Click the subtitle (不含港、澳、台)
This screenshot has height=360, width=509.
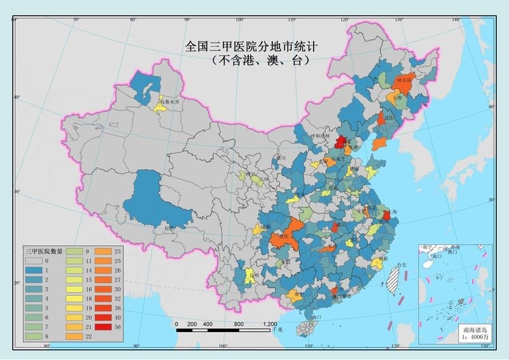click(x=261, y=62)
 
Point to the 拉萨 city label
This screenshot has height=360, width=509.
click(x=169, y=228)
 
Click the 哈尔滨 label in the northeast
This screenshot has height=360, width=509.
click(x=405, y=81)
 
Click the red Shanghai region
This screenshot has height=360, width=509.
click(x=386, y=216)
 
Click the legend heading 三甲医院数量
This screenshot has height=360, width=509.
click(x=43, y=251)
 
